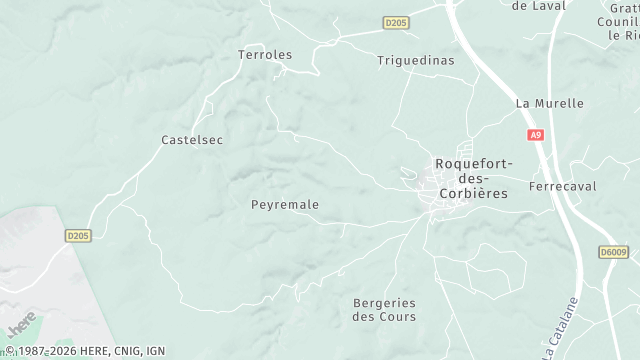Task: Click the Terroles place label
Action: pos(265,54)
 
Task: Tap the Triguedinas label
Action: pos(415,60)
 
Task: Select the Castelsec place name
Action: pos(192,140)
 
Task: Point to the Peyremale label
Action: pos(285,204)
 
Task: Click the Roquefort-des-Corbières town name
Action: pos(472,178)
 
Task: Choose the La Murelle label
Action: pos(549,103)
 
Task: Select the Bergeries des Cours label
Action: pos(385,310)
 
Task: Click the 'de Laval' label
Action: pos(538,5)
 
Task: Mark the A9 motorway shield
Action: pos(536,134)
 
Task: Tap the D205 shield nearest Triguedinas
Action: pos(396,22)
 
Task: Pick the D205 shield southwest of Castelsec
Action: pos(78,235)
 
